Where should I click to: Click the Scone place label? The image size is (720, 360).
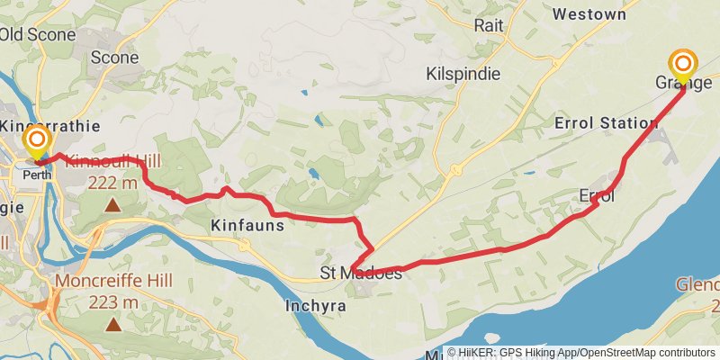pos(115,58)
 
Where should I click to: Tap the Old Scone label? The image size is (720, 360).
pos(38,34)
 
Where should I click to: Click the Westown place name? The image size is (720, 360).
pos(589,14)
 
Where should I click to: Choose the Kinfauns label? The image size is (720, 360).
pos(247,225)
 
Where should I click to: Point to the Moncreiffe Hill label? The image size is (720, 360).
pos(112,282)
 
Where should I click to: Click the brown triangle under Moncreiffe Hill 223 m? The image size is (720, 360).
pos(113,323)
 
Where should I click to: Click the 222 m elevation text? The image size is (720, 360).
pos(113,183)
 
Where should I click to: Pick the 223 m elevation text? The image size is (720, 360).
pos(113,301)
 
